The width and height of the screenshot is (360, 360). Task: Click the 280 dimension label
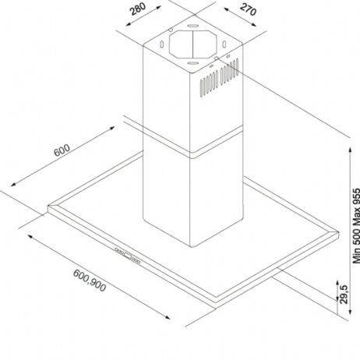tap(138, 9)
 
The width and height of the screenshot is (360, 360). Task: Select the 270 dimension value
tap(249, 9)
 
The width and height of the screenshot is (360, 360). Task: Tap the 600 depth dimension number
tap(62, 150)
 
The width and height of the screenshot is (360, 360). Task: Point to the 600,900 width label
tap(90, 281)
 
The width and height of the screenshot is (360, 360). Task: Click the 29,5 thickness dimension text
tap(344, 295)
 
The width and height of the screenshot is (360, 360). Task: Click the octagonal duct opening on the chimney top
tap(192, 44)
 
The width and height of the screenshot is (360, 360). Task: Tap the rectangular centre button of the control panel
tap(127, 256)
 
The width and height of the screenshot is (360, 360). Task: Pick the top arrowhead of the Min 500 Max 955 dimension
tap(351, 150)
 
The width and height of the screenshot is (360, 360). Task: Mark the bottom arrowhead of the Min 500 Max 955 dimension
tap(351, 312)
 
